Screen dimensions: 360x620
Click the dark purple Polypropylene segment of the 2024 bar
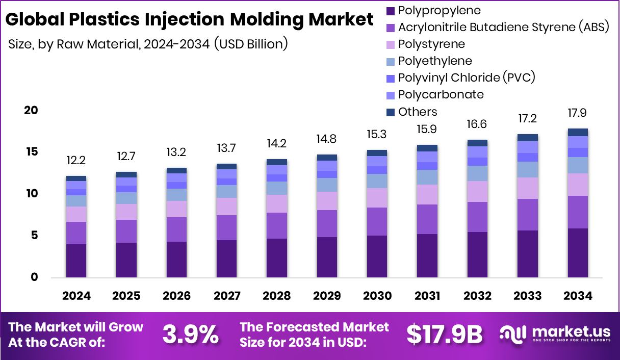76,261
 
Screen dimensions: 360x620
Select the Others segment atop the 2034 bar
578,132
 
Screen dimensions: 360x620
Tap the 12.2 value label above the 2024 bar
76,161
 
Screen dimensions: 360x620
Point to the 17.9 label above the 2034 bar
578,113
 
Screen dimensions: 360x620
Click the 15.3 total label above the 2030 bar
377,135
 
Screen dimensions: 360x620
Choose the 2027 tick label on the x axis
226,296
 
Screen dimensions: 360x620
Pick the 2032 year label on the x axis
477,296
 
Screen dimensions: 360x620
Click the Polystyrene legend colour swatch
391,44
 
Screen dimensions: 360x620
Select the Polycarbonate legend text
441,94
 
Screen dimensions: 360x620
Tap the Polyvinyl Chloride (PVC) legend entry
467,78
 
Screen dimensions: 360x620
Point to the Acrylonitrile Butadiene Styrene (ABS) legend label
504,27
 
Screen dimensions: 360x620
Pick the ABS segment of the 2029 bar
327,223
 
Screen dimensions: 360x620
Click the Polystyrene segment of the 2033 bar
528,188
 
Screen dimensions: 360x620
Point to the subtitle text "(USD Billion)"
251,44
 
